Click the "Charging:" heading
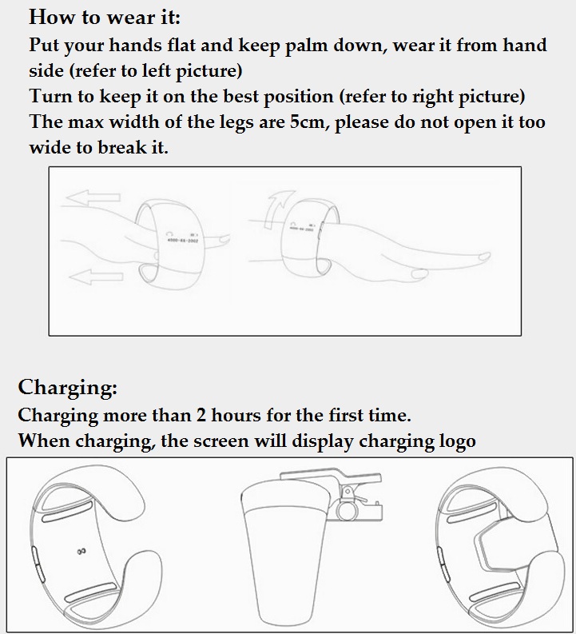[x=67, y=388]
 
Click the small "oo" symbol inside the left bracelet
[x=81, y=551]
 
